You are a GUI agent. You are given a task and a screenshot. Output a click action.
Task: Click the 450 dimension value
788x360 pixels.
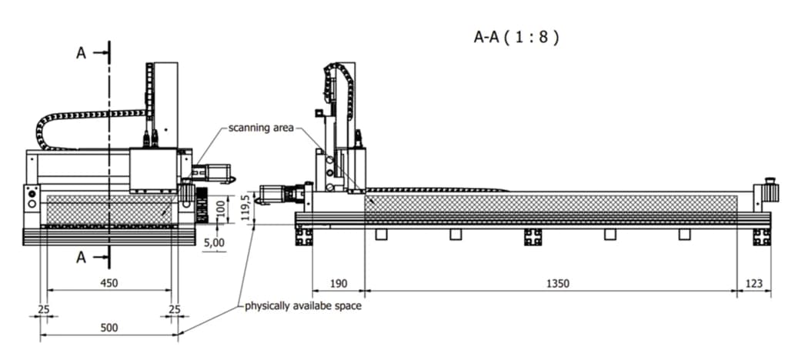coord(110,283)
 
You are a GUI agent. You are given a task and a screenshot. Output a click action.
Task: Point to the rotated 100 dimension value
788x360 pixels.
coord(218,208)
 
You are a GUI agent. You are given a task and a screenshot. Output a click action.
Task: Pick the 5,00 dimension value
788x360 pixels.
coord(214,242)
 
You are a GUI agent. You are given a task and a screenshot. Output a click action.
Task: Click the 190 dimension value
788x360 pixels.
coord(338,284)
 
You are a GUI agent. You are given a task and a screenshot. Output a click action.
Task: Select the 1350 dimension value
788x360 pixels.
coord(557,284)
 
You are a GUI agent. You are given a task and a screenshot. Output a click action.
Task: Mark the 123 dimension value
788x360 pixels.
coord(754,284)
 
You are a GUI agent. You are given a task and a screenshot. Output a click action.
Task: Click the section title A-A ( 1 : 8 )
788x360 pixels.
coord(515,36)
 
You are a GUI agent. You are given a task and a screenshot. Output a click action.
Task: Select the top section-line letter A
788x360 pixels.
coord(81,53)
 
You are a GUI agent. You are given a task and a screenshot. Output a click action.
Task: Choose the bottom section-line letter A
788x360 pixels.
coord(81,258)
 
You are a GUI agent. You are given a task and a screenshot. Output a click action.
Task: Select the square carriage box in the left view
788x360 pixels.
coord(154,171)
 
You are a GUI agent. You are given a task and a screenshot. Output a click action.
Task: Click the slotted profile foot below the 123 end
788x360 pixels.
coord(761,237)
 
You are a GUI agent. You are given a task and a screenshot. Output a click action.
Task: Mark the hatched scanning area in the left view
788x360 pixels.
coord(110,210)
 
